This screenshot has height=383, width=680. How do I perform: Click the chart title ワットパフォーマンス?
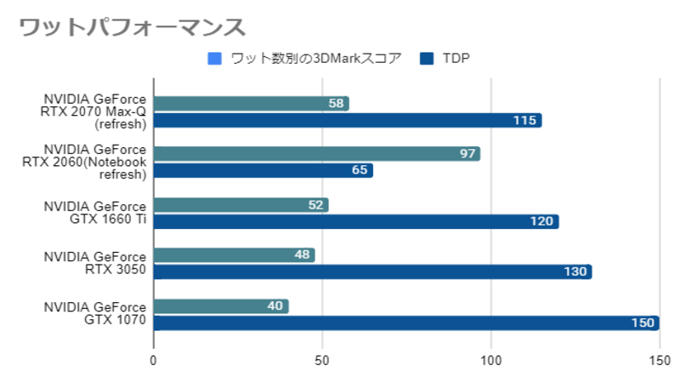coord(132,27)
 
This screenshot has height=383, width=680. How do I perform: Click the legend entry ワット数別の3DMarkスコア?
coord(304,59)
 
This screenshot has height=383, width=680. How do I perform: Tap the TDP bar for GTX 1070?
coord(406,323)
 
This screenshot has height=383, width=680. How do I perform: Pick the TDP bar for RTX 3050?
coord(372,272)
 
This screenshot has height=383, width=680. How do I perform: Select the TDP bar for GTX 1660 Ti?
coord(355,221)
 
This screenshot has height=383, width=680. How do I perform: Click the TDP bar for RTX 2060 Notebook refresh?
coord(263,170)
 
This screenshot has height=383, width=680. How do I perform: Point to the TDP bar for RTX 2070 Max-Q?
coord(347,120)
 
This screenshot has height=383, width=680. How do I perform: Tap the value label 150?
coord(643,323)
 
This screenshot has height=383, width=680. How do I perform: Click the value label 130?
coord(576,272)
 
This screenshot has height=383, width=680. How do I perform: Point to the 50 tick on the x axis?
coord(322,361)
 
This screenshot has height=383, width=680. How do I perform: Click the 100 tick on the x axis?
coord(490,361)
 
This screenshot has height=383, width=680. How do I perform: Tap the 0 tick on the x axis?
coord(154,361)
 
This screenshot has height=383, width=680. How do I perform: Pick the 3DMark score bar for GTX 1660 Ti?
coord(241,205)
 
